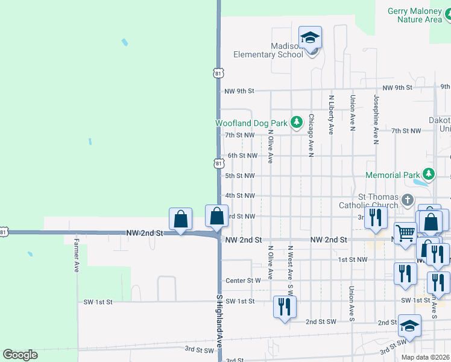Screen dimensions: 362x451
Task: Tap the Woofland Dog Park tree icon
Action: coord(296,122)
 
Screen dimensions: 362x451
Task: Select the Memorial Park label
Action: coord(392,175)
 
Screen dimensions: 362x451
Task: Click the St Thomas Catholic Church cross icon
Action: coord(408,200)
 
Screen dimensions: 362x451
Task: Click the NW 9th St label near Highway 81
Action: coord(239,91)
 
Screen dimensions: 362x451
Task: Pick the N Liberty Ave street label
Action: coord(331,115)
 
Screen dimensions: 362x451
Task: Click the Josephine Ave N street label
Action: coord(376,119)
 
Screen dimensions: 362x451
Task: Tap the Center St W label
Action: coord(243,281)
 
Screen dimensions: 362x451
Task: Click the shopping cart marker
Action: coord(405,232)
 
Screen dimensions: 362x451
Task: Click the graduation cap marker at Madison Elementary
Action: coord(310,37)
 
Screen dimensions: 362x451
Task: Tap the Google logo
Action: coord(20,355)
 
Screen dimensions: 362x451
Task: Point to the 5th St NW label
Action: coord(240,176)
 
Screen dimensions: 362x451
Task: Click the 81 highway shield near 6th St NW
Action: coord(218,163)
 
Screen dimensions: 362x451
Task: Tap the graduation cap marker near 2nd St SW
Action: coord(409,326)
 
